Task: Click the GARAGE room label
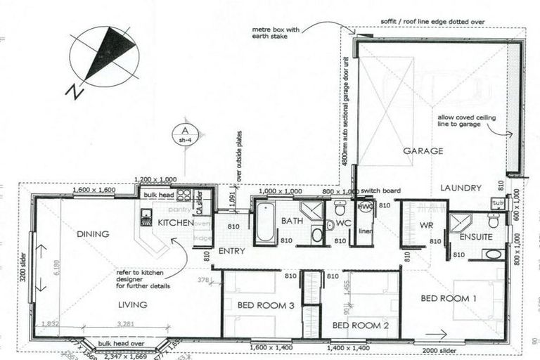[423, 151]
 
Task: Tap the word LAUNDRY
[461, 188]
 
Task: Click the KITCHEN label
[175, 223]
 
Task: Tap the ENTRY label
[231, 251]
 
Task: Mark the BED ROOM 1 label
[449, 299]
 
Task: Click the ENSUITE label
[476, 238]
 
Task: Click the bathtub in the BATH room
[265, 224]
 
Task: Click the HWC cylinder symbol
[365, 207]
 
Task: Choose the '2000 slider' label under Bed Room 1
[435, 350]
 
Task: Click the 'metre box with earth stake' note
[275, 34]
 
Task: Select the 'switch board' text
[381, 191]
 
